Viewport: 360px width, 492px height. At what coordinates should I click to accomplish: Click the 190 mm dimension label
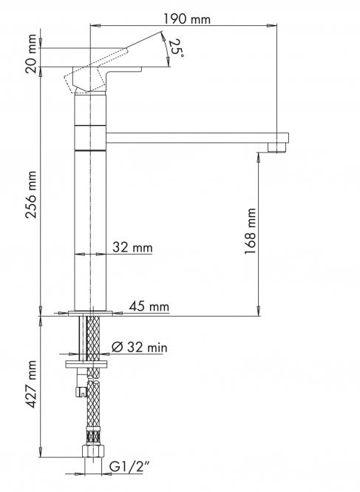(187, 19)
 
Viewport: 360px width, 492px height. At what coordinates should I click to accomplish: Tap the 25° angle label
(177, 48)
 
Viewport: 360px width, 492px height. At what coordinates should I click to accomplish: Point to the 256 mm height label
(31, 195)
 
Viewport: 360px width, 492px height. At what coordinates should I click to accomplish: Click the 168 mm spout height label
(251, 231)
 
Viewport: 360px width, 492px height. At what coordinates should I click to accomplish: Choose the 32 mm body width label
(132, 248)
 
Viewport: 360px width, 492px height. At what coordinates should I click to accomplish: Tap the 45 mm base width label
(149, 306)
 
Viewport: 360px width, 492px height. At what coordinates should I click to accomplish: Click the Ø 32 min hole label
(139, 347)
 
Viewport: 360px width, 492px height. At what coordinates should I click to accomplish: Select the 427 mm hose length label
(31, 385)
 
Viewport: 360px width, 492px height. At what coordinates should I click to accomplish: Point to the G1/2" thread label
(129, 467)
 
